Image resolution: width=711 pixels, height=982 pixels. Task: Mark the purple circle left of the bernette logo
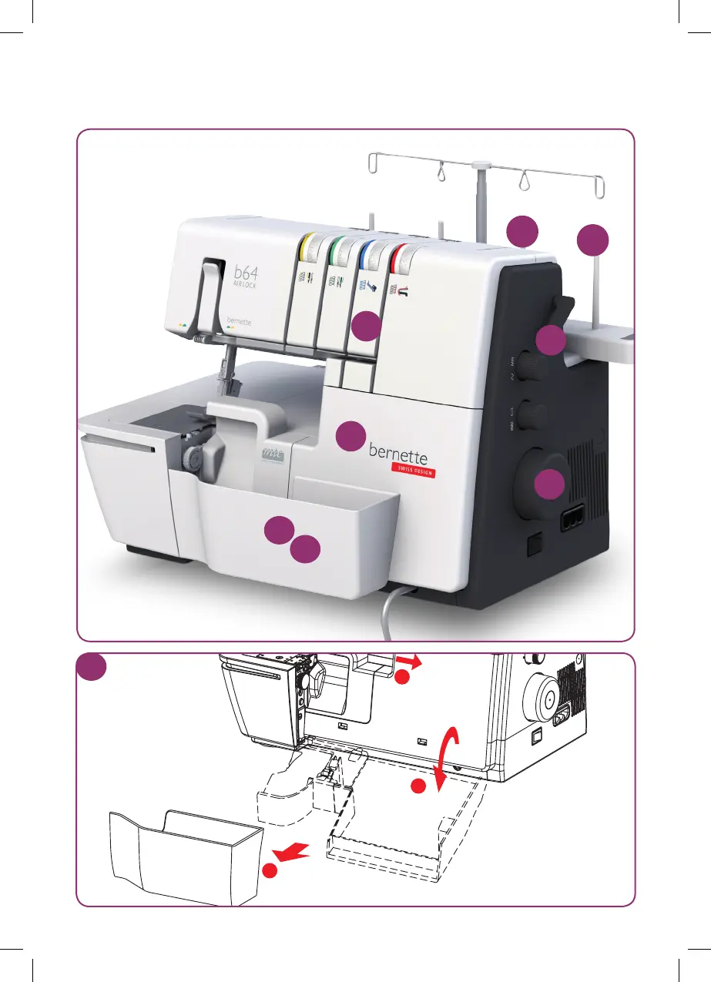click(350, 436)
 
